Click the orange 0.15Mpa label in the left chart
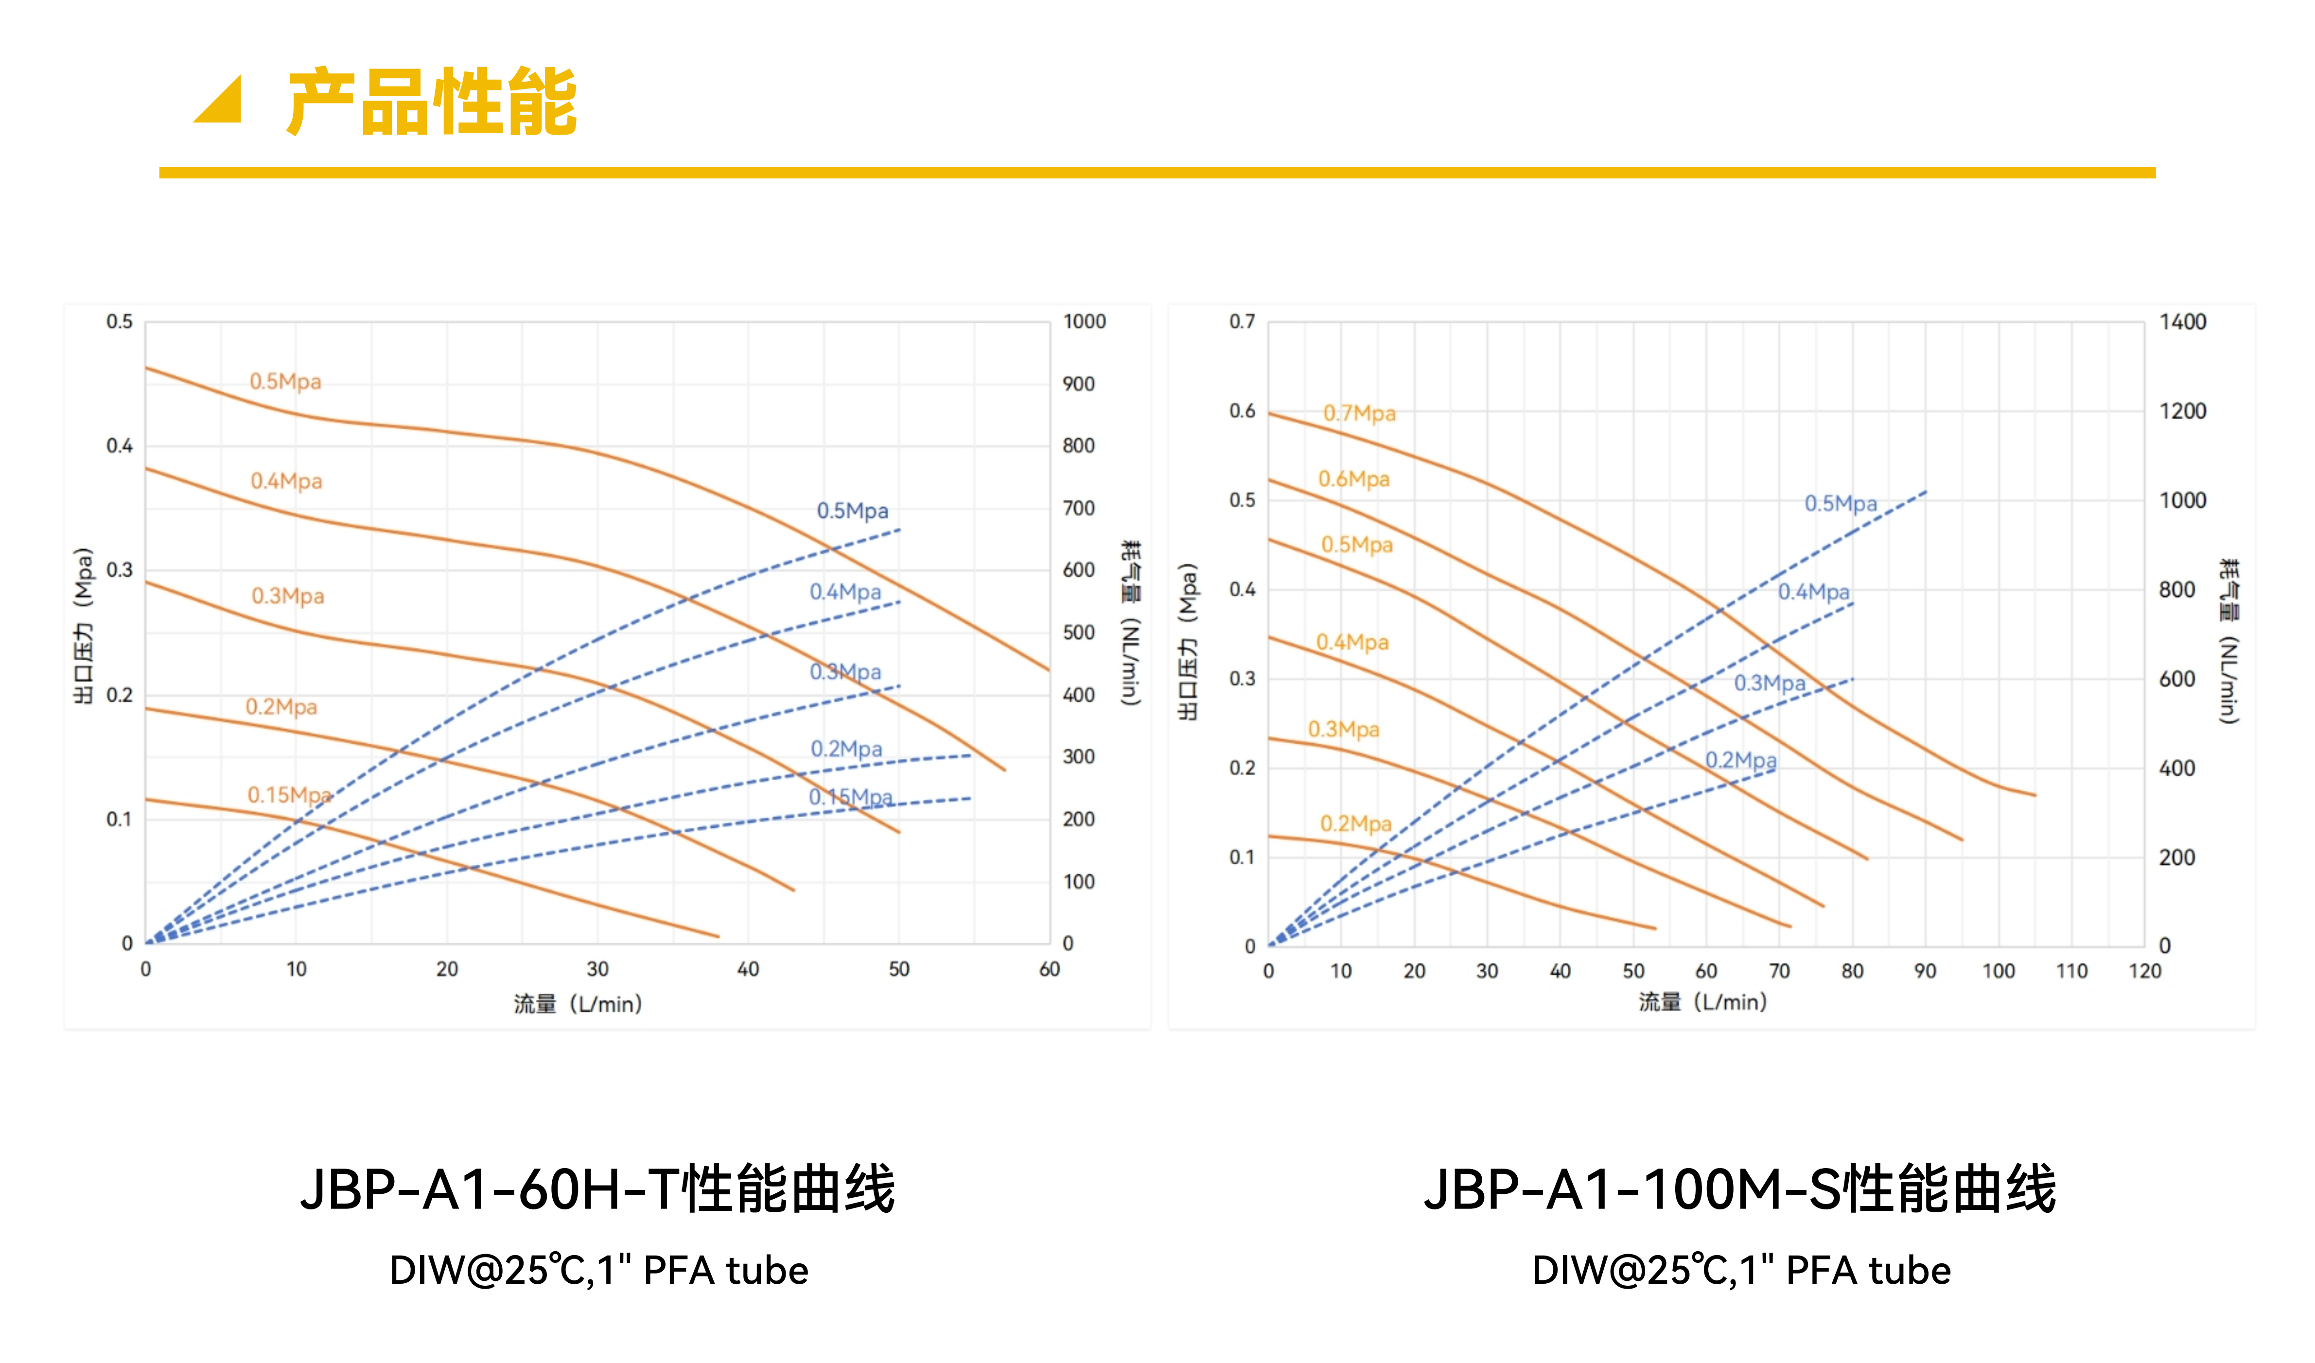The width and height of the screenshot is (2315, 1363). tap(288, 794)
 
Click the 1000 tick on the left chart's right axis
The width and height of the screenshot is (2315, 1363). tap(1084, 321)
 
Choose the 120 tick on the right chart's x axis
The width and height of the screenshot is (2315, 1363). tap(2144, 971)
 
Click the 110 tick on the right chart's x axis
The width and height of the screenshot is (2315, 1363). tap(2071, 971)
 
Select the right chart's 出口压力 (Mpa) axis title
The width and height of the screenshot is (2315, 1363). tap(1188, 641)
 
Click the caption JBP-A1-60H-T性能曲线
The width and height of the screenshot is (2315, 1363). tap(597, 1189)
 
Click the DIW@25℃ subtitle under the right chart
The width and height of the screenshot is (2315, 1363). tap(1741, 1270)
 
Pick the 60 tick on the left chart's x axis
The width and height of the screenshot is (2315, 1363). tap(1049, 969)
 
